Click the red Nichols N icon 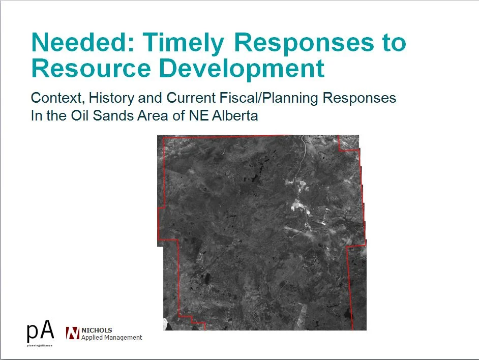[x=73, y=333]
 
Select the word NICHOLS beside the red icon [x=97, y=330]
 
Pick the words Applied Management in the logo [x=112, y=337]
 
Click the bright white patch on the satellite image [x=297, y=204]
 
